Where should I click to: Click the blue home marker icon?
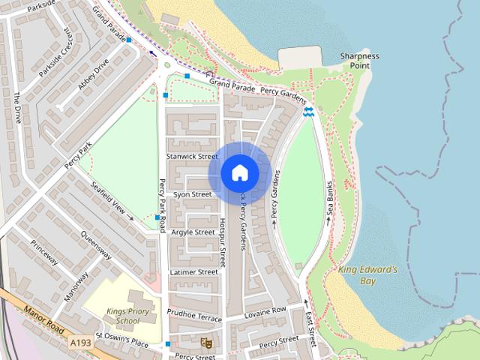239,173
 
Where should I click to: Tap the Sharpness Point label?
359,61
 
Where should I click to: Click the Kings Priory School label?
123,316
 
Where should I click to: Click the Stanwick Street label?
191,157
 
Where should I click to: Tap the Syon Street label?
193,194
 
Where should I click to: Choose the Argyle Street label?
193,232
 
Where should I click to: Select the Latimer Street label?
193,271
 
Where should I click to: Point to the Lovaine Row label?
265,310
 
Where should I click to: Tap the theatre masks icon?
207,343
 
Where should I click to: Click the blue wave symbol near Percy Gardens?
309,112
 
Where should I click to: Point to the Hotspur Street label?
222,244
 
